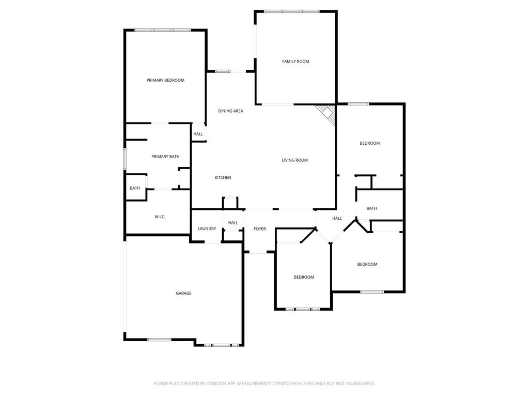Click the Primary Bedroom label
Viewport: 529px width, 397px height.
(165, 80)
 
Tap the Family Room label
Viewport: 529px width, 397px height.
(295, 62)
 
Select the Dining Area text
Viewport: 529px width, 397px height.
(230, 111)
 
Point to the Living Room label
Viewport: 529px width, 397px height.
(295, 160)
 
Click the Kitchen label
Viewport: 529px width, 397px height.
(223, 178)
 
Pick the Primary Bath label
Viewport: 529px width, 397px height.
(165, 157)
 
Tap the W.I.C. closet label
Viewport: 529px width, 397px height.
(160, 217)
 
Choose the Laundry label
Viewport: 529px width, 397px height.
(207, 228)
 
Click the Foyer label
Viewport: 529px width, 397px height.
(260, 229)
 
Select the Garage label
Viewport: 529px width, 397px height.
(183, 294)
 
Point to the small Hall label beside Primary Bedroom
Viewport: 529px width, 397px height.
(198, 134)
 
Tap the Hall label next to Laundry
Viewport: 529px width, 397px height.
(233, 223)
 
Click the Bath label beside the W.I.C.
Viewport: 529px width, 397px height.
(135, 188)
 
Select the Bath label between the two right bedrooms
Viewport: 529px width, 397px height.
(372, 208)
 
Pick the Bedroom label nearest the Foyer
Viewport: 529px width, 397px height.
(304, 277)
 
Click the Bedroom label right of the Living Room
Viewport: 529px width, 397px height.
(370, 143)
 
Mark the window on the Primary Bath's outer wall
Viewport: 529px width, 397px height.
(125, 159)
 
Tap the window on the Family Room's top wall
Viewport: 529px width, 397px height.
(292, 11)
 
